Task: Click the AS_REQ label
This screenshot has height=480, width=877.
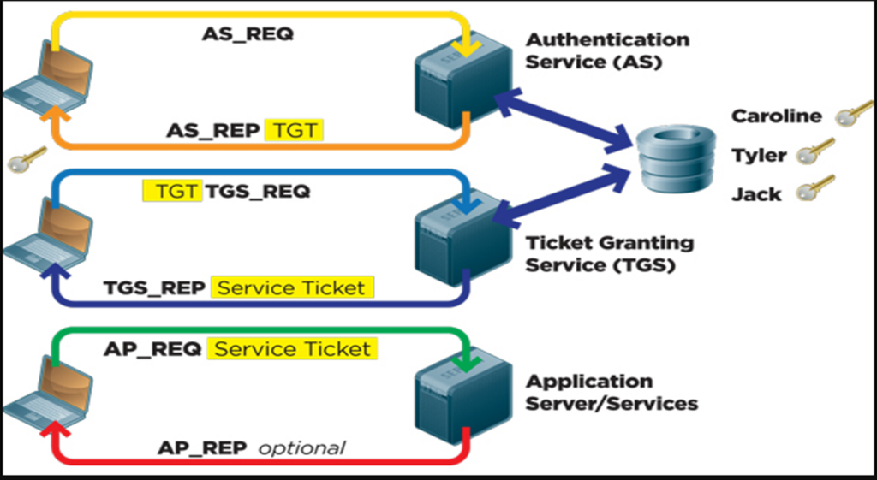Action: (x=248, y=34)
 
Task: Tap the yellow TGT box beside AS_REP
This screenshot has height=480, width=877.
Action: (x=295, y=130)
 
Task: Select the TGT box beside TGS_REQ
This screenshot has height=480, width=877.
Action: (x=172, y=191)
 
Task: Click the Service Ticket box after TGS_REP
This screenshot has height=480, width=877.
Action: (x=292, y=287)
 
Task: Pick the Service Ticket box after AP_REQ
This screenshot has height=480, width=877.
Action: (x=292, y=349)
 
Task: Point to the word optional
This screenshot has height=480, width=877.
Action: (x=301, y=448)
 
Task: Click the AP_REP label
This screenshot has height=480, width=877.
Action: (x=202, y=448)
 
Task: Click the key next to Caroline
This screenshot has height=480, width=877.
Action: (x=854, y=113)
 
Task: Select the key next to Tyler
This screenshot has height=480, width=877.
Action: (x=815, y=152)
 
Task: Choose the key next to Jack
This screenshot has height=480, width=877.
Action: (x=815, y=188)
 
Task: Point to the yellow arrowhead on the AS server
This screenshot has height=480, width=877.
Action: (x=467, y=49)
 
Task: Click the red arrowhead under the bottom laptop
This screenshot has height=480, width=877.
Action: (x=55, y=430)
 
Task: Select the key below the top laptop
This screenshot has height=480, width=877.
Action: (x=27, y=159)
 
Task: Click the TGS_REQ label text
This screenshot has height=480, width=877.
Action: (x=257, y=191)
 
